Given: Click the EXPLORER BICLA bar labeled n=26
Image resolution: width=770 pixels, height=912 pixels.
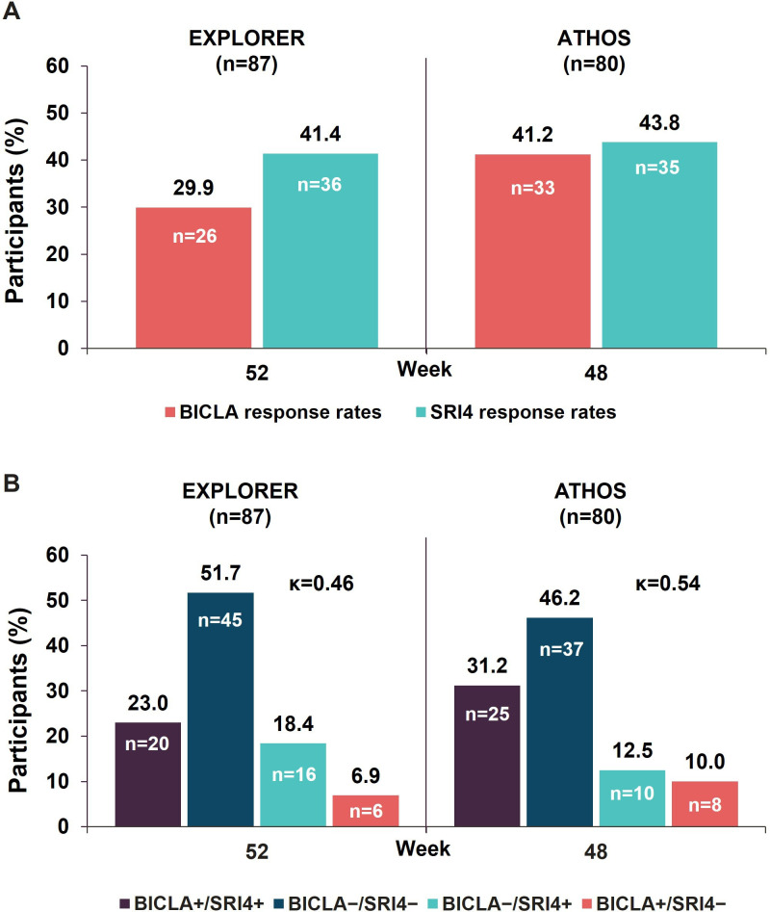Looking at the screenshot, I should click(x=192, y=277).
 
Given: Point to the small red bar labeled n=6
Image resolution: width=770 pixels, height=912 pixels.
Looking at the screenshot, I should click(x=367, y=810).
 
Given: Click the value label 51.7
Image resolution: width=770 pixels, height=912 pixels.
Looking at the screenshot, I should click(x=220, y=575).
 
